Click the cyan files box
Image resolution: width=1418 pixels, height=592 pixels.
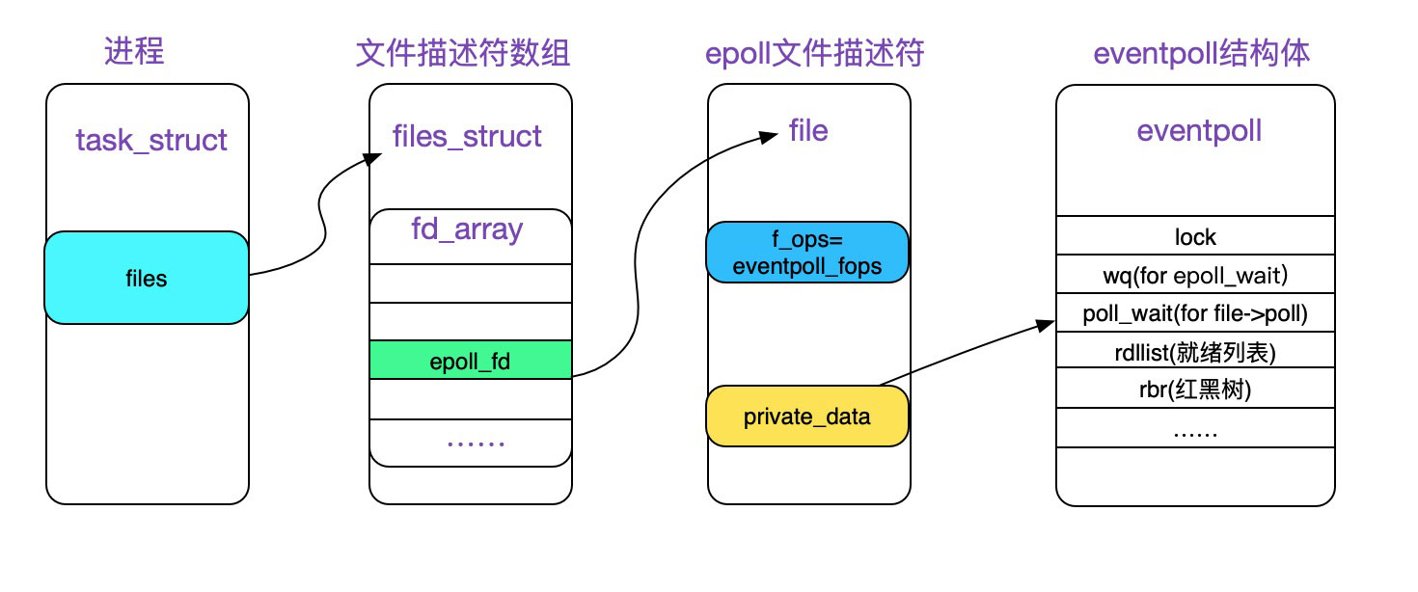pyautogui.click(x=146, y=279)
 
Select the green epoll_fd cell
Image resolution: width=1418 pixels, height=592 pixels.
pyautogui.click(x=470, y=362)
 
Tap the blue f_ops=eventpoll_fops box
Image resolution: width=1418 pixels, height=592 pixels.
pyautogui.click(x=807, y=253)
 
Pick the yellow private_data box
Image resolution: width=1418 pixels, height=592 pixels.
pyautogui.click(x=807, y=417)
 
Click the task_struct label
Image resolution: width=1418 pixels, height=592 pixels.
pyautogui.click(x=151, y=140)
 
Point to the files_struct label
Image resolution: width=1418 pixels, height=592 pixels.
pyautogui.click(x=467, y=136)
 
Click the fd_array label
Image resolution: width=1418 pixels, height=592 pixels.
pyautogui.click(x=467, y=229)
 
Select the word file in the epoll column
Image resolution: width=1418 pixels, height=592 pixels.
pyautogui.click(x=808, y=130)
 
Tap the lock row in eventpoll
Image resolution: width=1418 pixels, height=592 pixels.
pyautogui.click(x=1195, y=236)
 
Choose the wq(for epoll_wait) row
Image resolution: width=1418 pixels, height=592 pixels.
pyautogui.click(x=1195, y=275)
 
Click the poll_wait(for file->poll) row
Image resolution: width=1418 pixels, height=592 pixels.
pyautogui.click(x=1195, y=313)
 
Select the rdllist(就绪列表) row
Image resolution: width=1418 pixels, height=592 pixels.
pyautogui.click(x=1195, y=352)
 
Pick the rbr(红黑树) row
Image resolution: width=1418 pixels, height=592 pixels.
pyautogui.click(x=1195, y=390)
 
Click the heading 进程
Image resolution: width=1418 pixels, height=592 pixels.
pyautogui.click(x=134, y=51)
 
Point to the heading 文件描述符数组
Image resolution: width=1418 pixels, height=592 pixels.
pyautogui.click(x=463, y=53)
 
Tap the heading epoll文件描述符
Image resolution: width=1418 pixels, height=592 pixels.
pyautogui.click(x=815, y=53)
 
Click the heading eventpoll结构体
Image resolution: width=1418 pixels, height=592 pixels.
pyautogui.click(x=1201, y=53)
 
